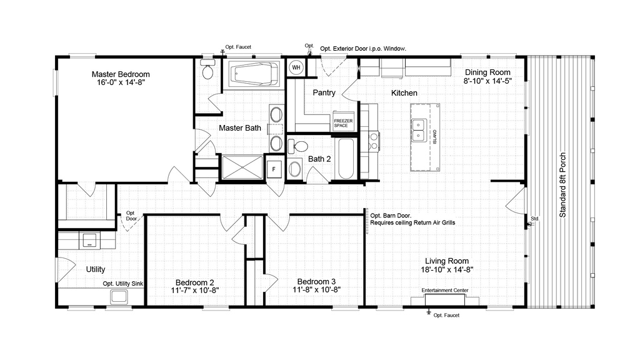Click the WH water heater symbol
[x=296, y=67]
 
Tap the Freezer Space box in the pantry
[x=343, y=121]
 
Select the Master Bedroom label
[x=121, y=74]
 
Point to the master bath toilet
[x=207, y=69]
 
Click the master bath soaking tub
[x=254, y=74]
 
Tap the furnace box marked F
[x=274, y=169]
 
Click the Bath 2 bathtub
[x=346, y=159]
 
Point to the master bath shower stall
[x=242, y=167]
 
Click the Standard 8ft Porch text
[x=562, y=185]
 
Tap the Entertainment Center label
[x=445, y=290]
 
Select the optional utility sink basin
[x=119, y=296]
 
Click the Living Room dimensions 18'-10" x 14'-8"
[x=447, y=269]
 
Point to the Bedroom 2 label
[x=195, y=282]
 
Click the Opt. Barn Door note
[x=391, y=216]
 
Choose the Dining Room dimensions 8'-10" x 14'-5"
[x=487, y=81]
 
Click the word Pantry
[x=324, y=92]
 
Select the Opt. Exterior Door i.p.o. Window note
[x=363, y=49]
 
